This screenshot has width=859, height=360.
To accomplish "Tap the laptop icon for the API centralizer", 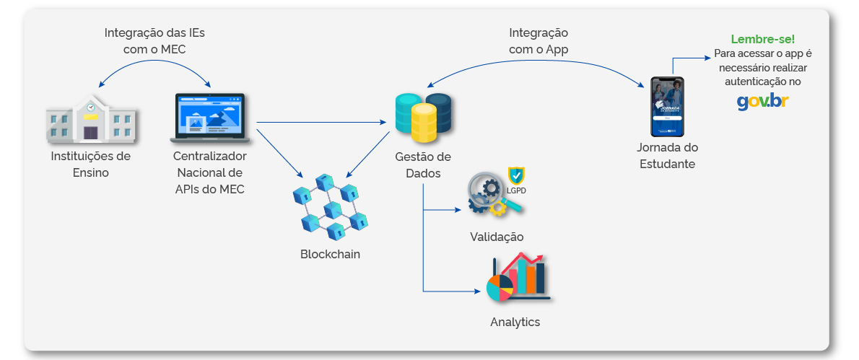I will tap(210, 117).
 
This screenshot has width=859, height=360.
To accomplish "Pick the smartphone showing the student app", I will tap(666, 107).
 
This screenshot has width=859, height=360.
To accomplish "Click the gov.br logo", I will tap(762, 102).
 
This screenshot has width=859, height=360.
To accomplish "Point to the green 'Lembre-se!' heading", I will tap(762, 39).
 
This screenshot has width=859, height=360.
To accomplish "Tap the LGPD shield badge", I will tap(516, 177).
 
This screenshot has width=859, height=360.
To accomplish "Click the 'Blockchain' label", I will tap(330, 254).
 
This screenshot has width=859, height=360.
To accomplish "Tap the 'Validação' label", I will tap(497, 237).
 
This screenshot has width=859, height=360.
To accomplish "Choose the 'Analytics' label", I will tap(515, 322).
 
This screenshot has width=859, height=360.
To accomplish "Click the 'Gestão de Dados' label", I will tap(423, 165).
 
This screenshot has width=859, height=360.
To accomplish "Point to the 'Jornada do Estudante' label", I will tap(667, 155).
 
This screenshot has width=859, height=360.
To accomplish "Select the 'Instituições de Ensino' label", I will tap(90, 164).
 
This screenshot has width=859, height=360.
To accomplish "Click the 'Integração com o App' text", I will tap(538, 41).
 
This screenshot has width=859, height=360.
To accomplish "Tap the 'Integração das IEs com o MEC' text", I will tap(160, 41).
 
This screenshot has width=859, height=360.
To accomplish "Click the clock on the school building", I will tap(91, 107).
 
